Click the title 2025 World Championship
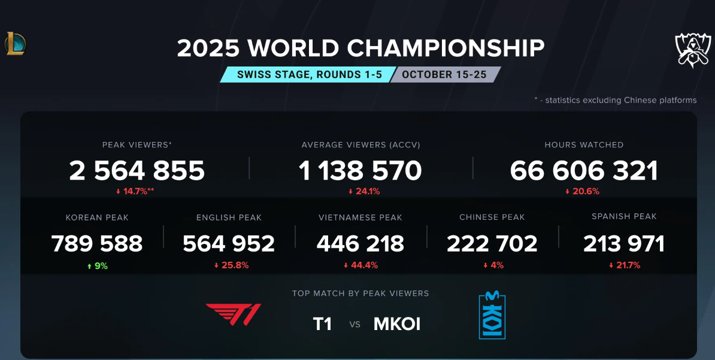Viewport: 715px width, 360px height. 360,49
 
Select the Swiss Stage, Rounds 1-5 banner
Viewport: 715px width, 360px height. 309,75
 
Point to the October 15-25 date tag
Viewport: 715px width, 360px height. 444,75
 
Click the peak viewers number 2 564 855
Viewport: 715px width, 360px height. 137,171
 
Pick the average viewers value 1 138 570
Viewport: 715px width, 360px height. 360,171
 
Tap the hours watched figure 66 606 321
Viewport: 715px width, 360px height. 584,171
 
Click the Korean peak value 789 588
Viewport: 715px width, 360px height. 97,244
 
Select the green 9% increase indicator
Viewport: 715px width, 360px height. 97,265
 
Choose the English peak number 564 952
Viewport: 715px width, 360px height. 229,244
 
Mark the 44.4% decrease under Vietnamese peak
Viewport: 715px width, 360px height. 360,265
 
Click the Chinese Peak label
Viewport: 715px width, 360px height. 492,217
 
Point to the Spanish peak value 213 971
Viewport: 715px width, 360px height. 624,244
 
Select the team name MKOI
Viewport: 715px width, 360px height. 397,324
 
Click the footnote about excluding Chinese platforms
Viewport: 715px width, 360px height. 615,100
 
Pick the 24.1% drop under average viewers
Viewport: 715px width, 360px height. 364,192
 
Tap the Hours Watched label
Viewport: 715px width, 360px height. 584,145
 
